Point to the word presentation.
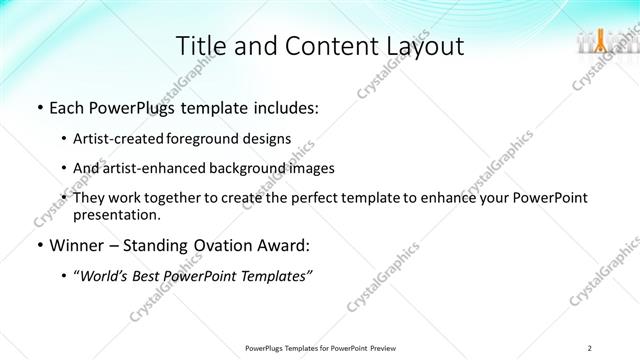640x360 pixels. (115, 214)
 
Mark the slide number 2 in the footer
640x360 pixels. (590, 347)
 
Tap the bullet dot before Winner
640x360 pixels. (38, 245)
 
